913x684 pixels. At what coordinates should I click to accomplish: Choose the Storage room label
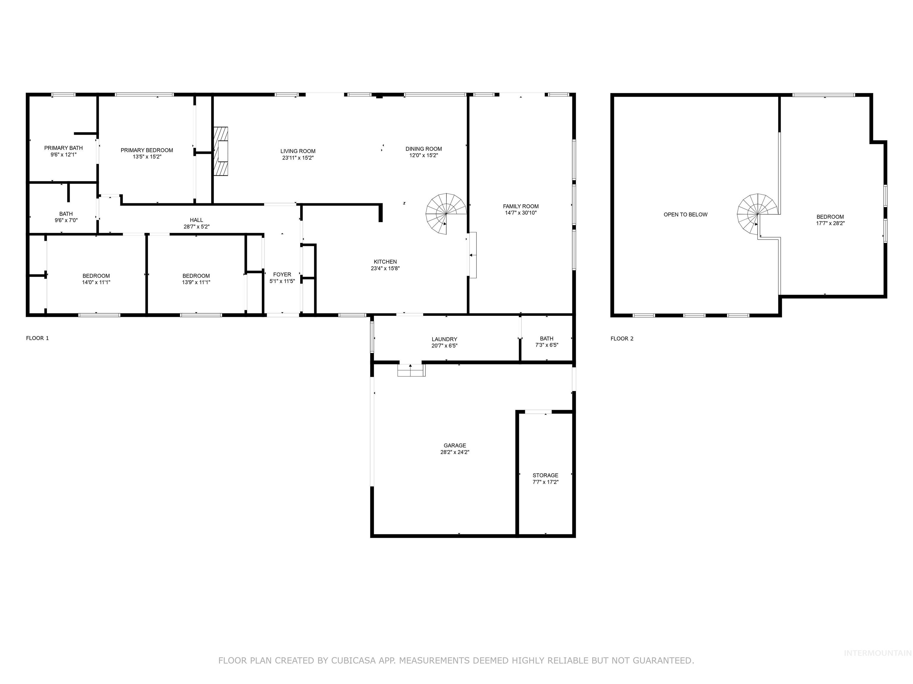coord(545,475)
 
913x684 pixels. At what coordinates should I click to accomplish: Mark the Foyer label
coord(282,275)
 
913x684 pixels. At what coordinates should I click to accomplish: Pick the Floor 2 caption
coord(622,338)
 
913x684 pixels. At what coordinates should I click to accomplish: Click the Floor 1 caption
coord(37,338)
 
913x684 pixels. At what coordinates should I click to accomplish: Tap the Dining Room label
coord(424,149)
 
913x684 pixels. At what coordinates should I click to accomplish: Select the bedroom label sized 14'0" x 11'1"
coord(96,276)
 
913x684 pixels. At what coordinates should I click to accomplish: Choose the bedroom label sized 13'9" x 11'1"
coord(196,276)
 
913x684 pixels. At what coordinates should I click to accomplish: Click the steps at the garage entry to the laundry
coord(411,370)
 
